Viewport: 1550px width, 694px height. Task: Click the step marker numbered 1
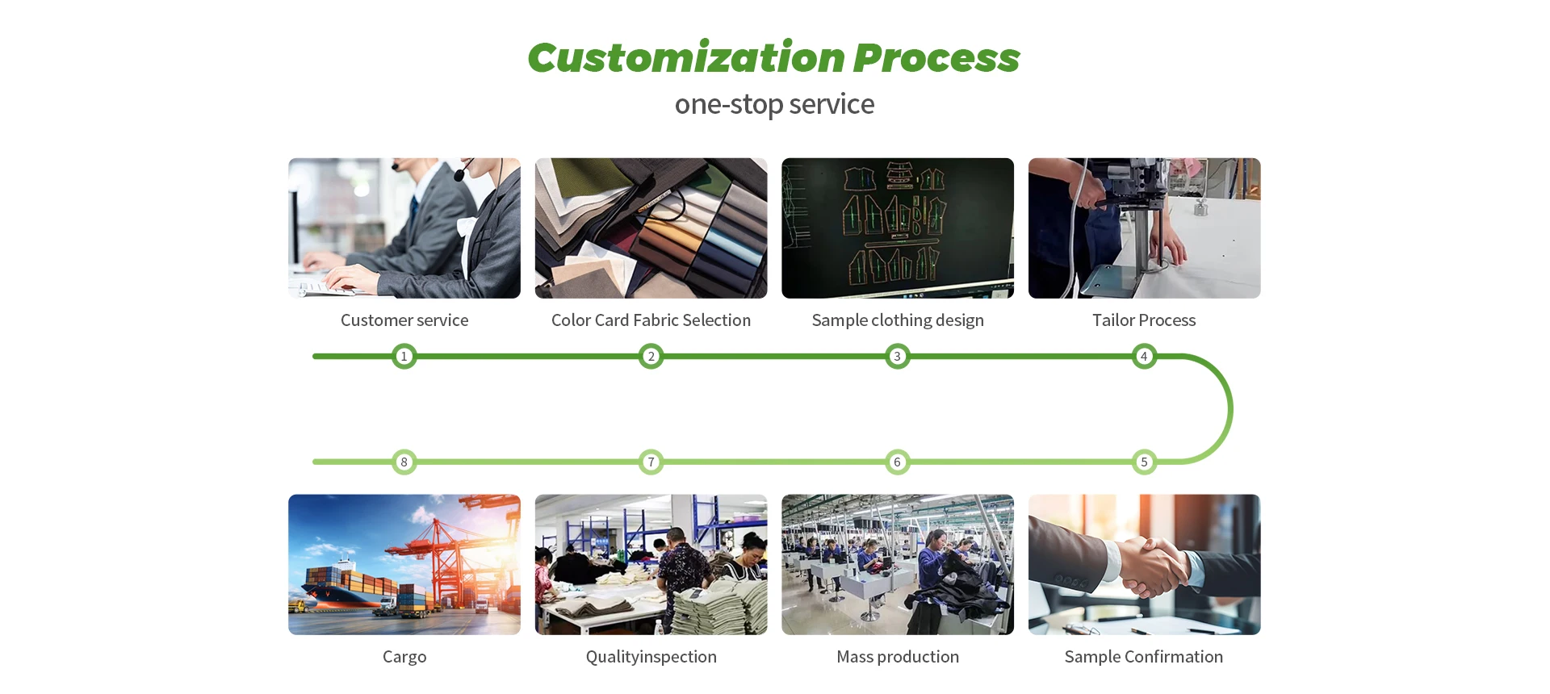(x=404, y=356)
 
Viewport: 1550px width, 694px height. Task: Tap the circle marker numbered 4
(x=1144, y=356)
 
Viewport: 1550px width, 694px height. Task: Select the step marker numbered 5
(x=1144, y=462)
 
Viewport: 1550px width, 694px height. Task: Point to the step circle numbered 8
(x=404, y=462)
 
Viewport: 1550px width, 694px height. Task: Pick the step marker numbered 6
(x=897, y=462)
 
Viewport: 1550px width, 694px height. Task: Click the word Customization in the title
(x=686, y=58)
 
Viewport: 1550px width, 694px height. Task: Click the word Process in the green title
(x=936, y=58)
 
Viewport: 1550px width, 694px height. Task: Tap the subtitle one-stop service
(x=774, y=104)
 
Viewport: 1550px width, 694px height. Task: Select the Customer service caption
(x=404, y=320)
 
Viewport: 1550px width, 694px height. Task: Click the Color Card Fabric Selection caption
(x=651, y=320)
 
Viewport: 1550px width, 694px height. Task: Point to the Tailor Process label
(x=1144, y=320)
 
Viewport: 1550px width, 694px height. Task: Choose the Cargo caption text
(x=404, y=657)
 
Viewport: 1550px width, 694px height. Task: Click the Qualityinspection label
(x=651, y=657)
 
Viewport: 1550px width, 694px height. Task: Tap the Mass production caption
(x=898, y=657)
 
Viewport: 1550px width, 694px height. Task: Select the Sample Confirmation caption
(x=1143, y=657)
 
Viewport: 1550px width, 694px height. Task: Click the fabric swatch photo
(x=651, y=228)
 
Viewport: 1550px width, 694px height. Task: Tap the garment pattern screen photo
(x=898, y=228)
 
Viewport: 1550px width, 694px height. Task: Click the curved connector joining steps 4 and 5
(x=1230, y=409)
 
